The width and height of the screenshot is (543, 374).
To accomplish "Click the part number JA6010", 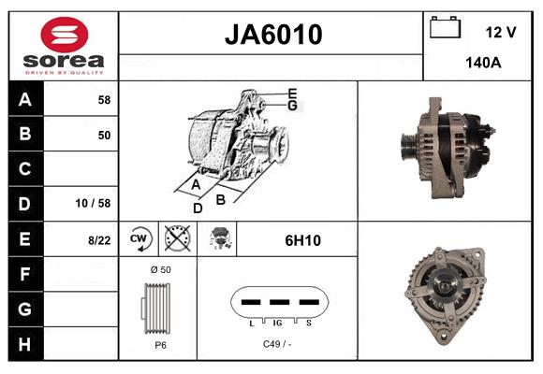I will pyautogui.click(x=272, y=35).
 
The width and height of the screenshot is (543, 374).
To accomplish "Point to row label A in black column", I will pyautogui.click(x=23, y=99).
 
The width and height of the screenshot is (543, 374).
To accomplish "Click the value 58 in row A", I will pyautogui.click(x=104, y=99).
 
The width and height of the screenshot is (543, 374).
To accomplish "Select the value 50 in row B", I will pyautogui.click(x=104, y=135).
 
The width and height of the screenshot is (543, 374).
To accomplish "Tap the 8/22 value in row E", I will pyautogui.click(x=99, y=239).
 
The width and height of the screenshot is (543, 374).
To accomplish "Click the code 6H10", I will pyautogui.click(x=302, y=240).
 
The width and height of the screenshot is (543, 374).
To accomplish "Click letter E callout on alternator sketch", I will pyautogui.click(x=292, y=93).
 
